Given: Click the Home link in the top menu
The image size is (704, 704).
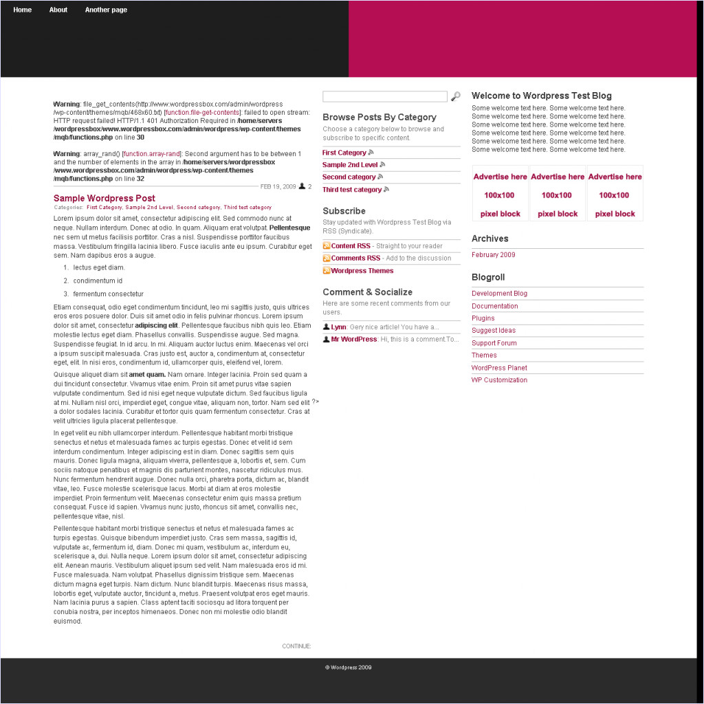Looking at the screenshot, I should click(22, 10).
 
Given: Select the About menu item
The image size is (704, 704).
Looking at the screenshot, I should click(58, 10).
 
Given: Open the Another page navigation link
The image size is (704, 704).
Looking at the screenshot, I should click(106, 10).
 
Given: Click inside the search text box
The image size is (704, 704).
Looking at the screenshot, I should click(384, 97).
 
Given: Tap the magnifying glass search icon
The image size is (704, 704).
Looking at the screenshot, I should click(455, 97).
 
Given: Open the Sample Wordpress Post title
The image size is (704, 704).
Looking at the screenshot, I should click(104, 198).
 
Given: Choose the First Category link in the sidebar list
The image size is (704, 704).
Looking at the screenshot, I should click(344, 153).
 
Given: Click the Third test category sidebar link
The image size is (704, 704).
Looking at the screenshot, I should click(352, 190).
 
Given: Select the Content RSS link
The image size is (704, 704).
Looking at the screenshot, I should click(351, 246).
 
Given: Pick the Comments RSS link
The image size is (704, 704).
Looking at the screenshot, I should click(355, 258).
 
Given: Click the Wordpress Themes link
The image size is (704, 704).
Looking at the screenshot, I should click(362, 271).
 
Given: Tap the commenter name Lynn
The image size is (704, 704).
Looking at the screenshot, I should click(338, 327).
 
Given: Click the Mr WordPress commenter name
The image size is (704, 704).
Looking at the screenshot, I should click(354, 340).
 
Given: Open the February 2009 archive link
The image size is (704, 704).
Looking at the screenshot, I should click(494, 255).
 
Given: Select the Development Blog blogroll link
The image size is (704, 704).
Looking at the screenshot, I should click(500, 294).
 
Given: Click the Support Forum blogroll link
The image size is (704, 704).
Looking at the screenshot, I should click(494, 343).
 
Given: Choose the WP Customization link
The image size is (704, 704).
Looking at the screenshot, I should click(500, 380).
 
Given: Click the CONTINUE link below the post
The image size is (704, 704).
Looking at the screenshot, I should click(296, 646).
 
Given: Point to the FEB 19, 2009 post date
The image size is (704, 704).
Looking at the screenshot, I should click(278, 187).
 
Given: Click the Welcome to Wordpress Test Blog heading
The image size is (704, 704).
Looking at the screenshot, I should click(542, 96).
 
